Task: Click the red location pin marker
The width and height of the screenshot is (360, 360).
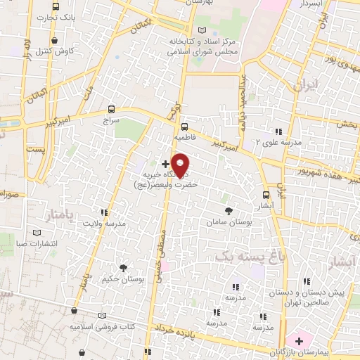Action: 181,165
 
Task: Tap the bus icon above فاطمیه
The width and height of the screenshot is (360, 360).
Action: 184,127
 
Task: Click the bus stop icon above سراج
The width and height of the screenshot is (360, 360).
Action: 112,110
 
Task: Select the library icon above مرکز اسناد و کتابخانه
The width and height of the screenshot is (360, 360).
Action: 204,31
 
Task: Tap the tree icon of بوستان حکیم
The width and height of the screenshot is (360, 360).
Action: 124,268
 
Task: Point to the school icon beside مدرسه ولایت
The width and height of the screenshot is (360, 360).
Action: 105,212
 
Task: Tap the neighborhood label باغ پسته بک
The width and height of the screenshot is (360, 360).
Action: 243,257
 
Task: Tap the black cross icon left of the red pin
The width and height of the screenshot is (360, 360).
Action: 165,163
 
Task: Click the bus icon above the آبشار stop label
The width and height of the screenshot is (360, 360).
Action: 266,195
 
